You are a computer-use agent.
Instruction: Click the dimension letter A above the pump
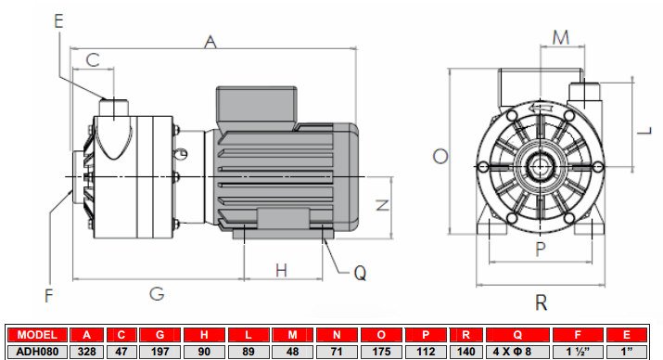pyautogui.click(x=210, y=42)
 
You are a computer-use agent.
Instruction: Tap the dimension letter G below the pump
pyautogui.click(x=157, y=294)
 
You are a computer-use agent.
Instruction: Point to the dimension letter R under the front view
pyautogui.click(x=540, y=302)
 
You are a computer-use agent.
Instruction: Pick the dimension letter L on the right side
pyautogui.click(x=643, y=131)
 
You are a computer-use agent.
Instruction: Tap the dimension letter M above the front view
pyautogui.click(x=560, y=37)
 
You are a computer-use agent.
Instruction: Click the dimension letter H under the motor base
pyautogui.click(x=282, y=270)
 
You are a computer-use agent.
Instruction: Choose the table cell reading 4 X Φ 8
pyautogui.click(x=518, y=351)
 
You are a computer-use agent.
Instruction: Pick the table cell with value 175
pyautogui.click(x=384, y=351)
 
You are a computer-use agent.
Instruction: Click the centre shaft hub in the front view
pyautogui.click(x=539, y=167)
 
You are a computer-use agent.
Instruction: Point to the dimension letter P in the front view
pyautogui.click(x=540, y=249)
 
